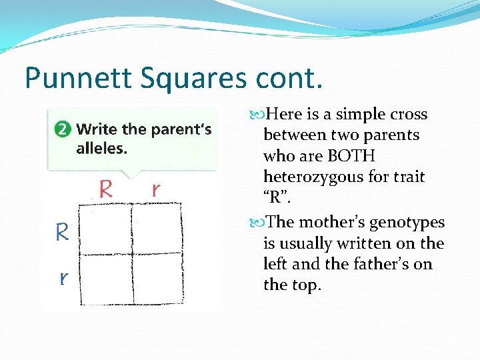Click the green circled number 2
63,129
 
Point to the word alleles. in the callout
101,148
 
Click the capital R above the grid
105,189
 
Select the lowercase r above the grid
155,189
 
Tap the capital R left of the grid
62,232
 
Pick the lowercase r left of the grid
63,277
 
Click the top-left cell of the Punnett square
109,227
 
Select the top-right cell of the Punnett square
157,227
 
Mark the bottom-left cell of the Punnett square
109,278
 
